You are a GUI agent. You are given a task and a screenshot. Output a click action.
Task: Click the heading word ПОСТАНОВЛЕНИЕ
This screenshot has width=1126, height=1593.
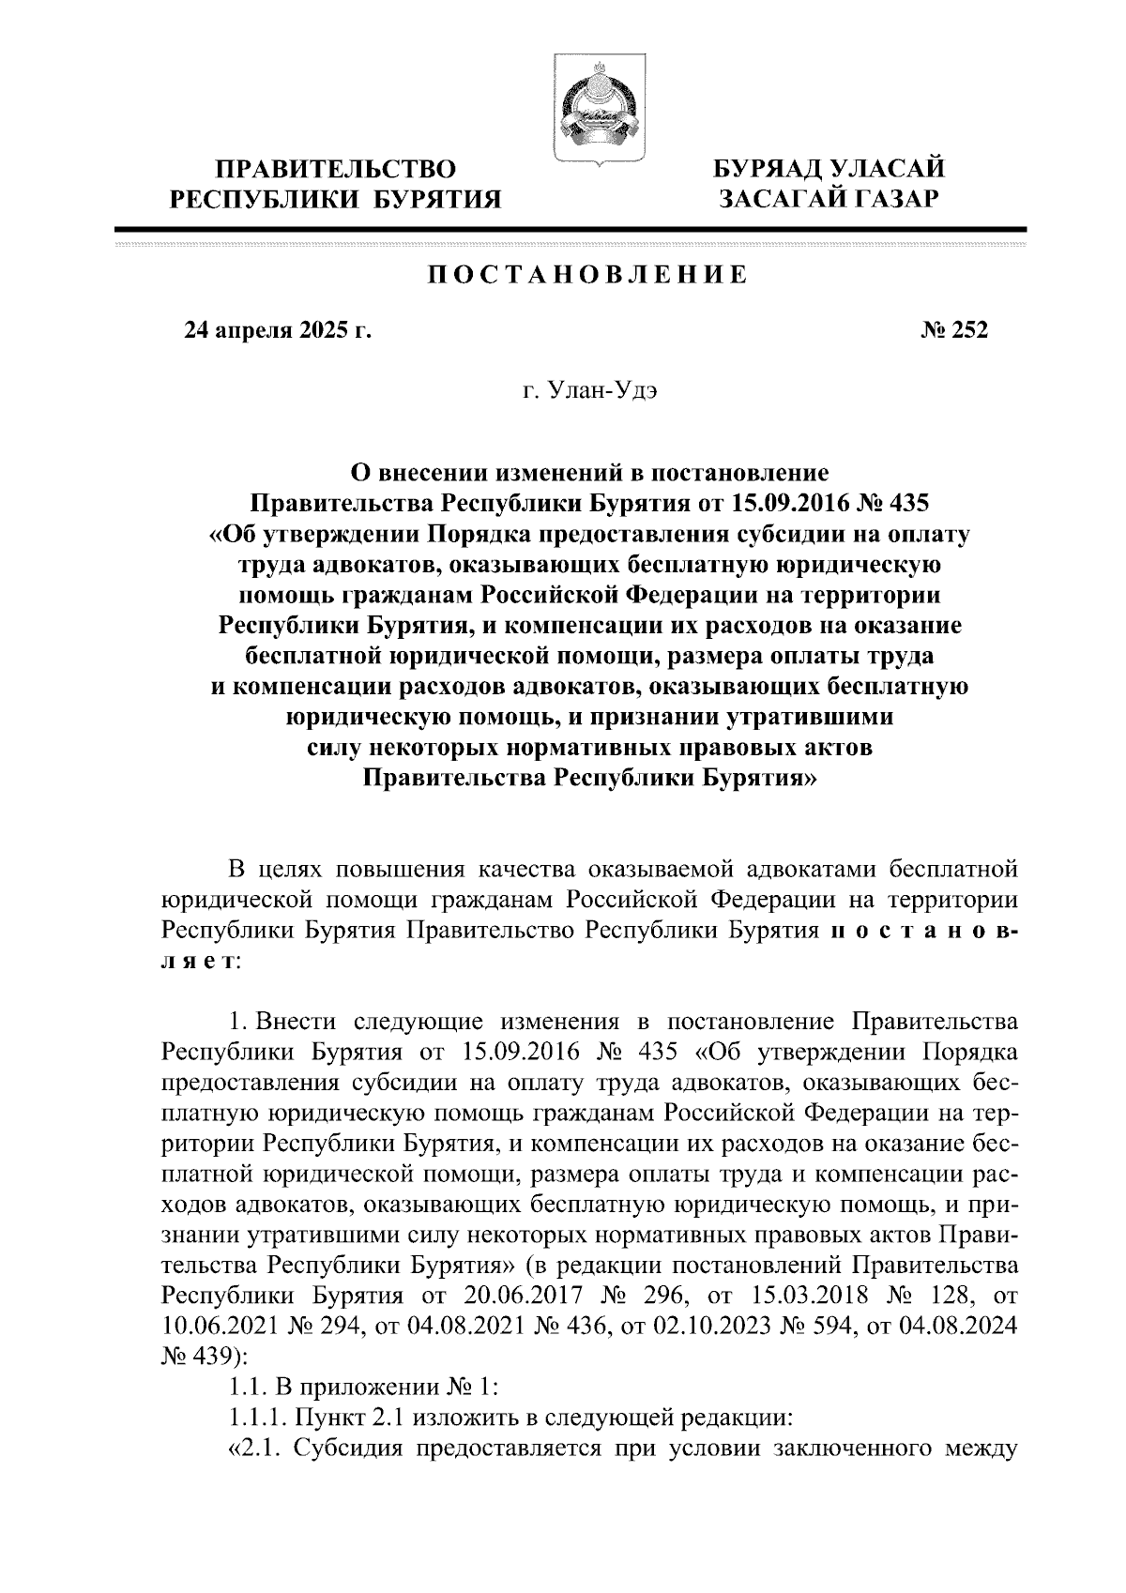click(x=588, y=275)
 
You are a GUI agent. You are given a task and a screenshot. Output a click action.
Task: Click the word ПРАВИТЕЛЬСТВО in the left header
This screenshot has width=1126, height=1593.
click(x=337, y=170)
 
